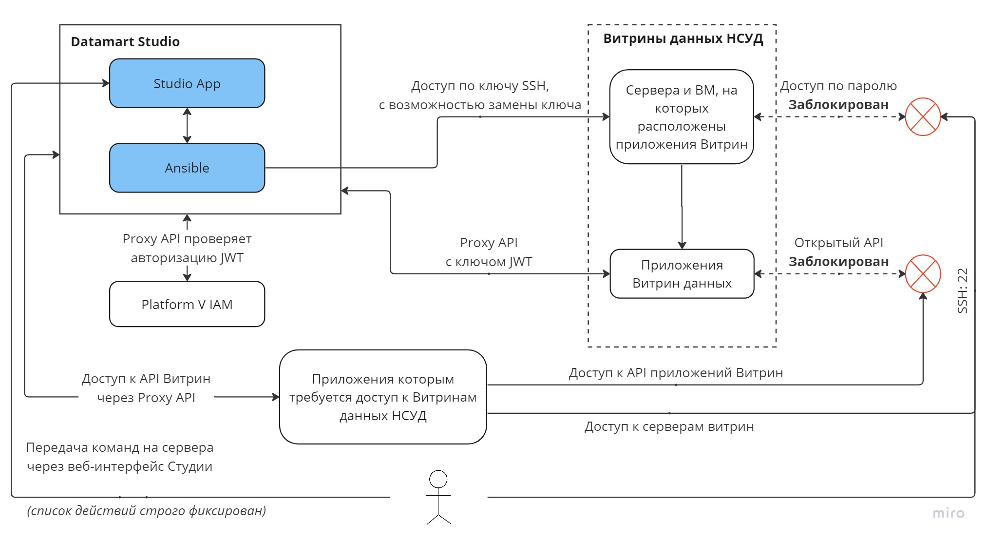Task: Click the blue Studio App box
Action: [187, 83]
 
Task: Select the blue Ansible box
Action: [187, 168]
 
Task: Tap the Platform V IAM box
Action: [187, 304]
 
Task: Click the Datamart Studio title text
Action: [125, 41]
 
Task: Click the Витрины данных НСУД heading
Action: [683, 39]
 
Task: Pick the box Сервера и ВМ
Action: [682, 117]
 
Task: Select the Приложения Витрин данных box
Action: [682, 274]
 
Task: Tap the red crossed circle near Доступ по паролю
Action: [922, 117]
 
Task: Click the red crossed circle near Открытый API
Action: [922, 274]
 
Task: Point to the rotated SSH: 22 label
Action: [962, 290]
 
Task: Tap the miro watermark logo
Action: [948, 513]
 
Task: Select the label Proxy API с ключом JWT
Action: [489, 252]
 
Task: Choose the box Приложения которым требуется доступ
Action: [383, 397]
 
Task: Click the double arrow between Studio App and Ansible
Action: [187, 125]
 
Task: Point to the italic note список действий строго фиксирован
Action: [146, 511]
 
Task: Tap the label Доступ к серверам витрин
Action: [669, 426]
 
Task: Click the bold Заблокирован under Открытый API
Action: [838, 262]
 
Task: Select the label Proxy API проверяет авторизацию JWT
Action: [187, 248]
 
